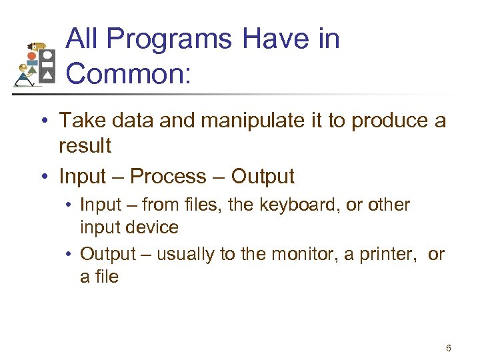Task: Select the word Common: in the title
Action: pyautogui.click(x=129, y=73)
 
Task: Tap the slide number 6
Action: pyautogui.click(x=449, y=348)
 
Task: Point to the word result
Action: pyautogui.click(x=85, y=145)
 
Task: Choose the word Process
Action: pyautogui.click(x=168, y=177)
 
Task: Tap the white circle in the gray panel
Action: pyautogui.click(x=47, y=55)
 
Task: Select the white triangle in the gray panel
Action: pyautogui.click(x=47, y=77)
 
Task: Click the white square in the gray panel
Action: pyautogui.click(x=47, y=66)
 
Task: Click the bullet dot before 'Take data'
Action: pyautogui.click(x=42, y=121)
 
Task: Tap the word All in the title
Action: pyautogui.click(x=82, y=40)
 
